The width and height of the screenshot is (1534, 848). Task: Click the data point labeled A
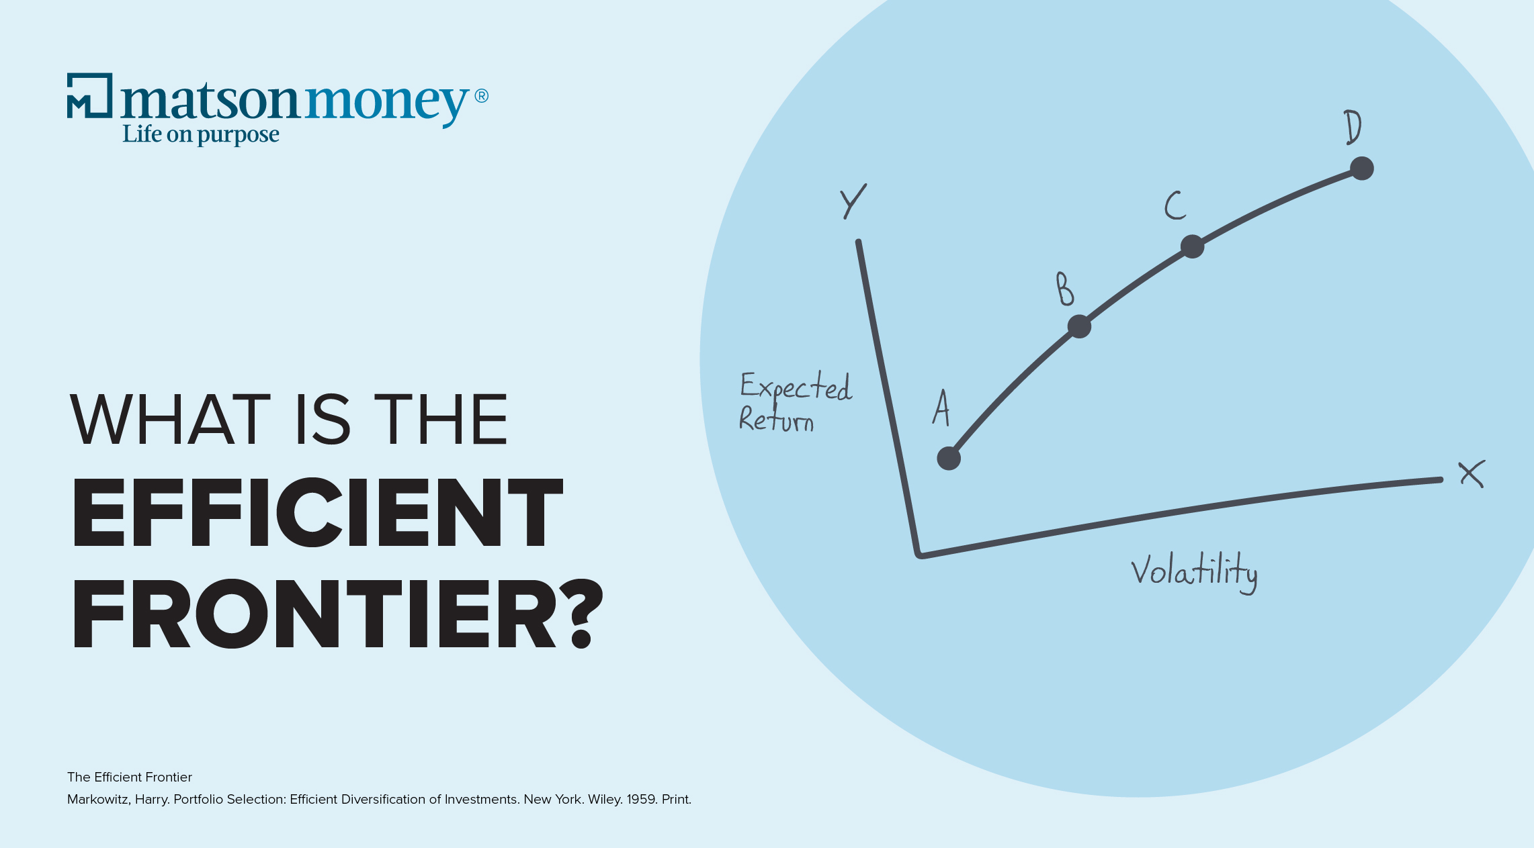[x=949, y=459]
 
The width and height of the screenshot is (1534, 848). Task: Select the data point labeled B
[x=1079, y=326]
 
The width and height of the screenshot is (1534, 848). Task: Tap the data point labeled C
[x=1192, y=246]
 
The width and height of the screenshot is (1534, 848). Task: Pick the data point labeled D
[x=1361, y=169]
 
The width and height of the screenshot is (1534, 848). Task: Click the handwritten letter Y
[x=853, y=201]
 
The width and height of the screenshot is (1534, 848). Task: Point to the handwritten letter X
[x=1472, y=474]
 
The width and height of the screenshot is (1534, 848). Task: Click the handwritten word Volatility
[x=1193, y=572]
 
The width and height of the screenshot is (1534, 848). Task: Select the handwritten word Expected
[x=796, y=387]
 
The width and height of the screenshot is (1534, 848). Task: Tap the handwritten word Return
[x=776, y=420]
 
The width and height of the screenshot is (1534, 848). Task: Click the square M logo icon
[x=89, y=95]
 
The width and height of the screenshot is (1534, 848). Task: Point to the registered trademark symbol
[x=481, y=96]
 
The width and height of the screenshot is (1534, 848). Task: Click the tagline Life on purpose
[x=200, y=134]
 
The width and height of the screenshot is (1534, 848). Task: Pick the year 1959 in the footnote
[x=641, y=799]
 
